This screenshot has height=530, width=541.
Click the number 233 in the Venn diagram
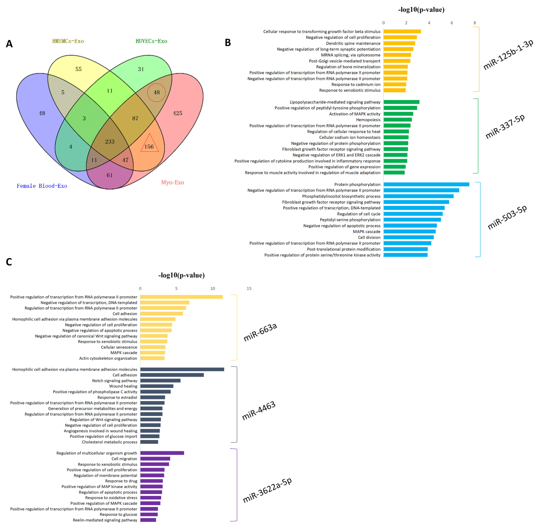point(110,142)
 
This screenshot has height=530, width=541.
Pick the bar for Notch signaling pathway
point(160,380)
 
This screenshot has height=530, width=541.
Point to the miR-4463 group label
point(258,411)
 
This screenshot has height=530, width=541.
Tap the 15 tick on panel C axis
point(249,288)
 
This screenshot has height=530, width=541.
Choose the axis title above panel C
point(181,275)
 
